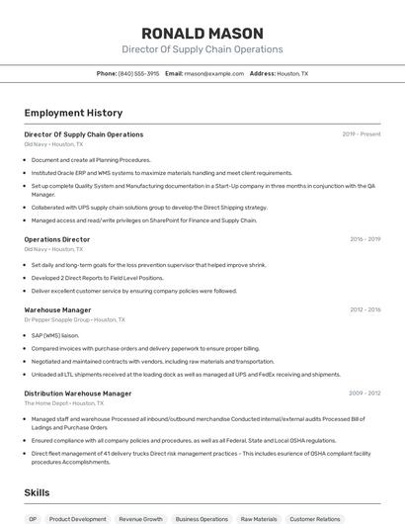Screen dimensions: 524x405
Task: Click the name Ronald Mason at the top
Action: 202,33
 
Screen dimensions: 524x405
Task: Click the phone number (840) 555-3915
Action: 138,73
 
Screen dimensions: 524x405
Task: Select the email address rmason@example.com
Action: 214,73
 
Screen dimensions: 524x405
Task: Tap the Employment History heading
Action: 73,113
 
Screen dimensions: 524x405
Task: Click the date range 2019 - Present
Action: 362,134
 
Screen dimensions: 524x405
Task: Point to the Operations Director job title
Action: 57,239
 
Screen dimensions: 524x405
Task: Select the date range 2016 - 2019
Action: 364,239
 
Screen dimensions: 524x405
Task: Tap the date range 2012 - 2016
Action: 364,309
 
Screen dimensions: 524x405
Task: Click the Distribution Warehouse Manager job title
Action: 78,393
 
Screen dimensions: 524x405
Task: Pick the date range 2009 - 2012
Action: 364,393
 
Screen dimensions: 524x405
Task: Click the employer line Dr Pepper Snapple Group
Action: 74,320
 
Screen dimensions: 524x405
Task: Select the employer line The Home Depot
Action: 64,403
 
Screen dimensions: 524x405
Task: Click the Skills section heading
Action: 37,491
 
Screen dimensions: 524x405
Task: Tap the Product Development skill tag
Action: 78,518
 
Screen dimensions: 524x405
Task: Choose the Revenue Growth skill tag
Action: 141,518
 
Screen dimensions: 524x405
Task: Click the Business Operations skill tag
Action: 202,518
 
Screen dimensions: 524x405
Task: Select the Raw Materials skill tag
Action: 260,518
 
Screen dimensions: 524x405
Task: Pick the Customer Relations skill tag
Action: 315,518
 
